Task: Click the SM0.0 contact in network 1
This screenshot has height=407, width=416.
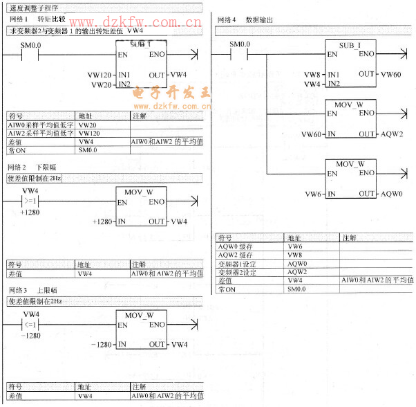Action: pos(30,54)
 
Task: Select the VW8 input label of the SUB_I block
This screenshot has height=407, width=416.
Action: pos(312,74)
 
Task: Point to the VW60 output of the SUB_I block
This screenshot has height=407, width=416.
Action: pos(390,74)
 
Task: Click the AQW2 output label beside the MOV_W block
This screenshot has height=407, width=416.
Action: pos(391,134)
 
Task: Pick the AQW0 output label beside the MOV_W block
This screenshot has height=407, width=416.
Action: pos(391,194)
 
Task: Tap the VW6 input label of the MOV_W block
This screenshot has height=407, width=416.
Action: pos(312,194)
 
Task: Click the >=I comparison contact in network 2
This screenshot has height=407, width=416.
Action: pos(30,201)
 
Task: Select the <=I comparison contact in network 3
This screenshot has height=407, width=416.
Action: pos(30,325)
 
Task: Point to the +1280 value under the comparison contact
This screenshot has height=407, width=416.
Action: pos(30,212)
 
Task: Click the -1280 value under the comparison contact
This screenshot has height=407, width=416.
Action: pos(30,335)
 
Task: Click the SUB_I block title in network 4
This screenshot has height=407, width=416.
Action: pos(352,44)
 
